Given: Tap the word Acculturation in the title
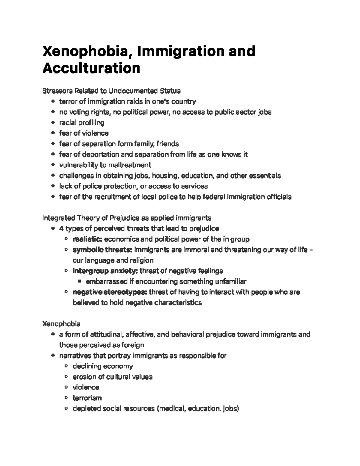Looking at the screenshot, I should coord(91,68).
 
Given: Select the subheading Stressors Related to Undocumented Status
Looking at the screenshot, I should coord(112,91).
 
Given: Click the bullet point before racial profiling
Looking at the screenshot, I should coord(53,123).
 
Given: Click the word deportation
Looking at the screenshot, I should coord(100,155).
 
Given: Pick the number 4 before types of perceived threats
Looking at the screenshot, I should coord(61,229).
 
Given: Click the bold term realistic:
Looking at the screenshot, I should coord(88,239).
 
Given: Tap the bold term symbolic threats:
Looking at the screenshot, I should coord(102,250).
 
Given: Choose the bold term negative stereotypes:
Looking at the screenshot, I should coord(110,292).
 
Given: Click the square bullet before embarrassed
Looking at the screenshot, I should coord(79,282).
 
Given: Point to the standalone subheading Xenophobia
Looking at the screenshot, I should coord(61,324).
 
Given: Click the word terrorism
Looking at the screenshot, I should coord(87,398).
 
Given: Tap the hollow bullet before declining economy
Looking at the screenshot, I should coord(66,366).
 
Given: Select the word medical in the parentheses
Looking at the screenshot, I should coord(172,409).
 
